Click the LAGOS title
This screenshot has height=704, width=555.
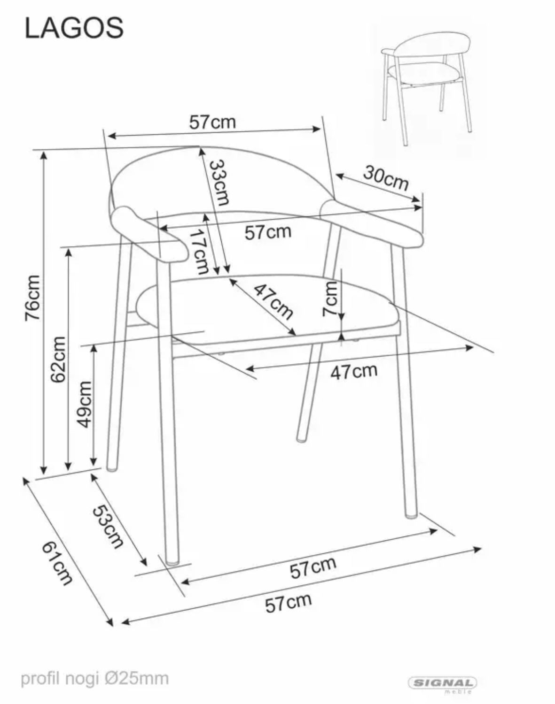pos(74,28)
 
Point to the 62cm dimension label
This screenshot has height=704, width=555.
pos(58,359)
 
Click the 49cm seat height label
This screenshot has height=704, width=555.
pos(85,405)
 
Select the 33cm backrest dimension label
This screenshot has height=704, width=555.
pos(219,183)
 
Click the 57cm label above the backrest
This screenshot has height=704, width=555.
pos(212,122)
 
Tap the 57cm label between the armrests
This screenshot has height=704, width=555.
pos(268,232)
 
